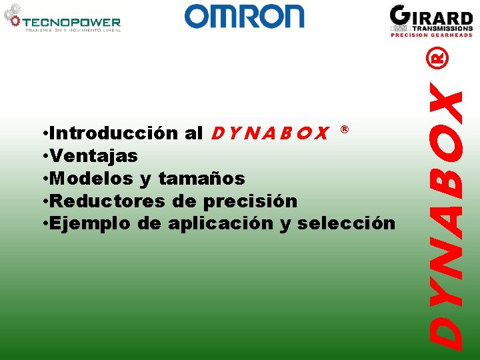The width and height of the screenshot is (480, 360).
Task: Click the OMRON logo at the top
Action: [244, 16]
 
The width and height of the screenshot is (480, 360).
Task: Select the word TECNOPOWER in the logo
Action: [73, 23]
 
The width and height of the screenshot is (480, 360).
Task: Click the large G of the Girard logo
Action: [401, 16]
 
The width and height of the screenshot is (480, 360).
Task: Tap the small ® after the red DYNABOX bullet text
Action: [345, 128]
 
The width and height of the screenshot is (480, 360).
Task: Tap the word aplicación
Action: [221, 223]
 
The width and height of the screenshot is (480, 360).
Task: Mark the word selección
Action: [347, 223]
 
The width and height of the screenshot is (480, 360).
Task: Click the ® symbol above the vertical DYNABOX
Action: [438, 59]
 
